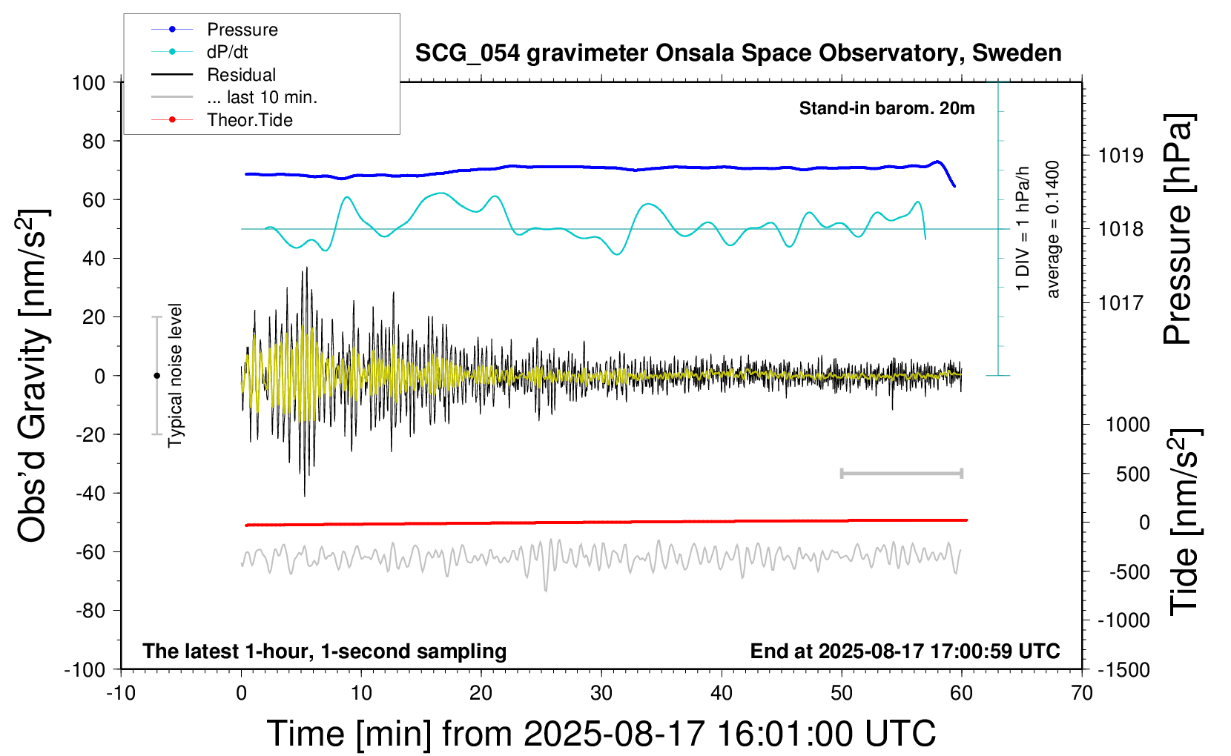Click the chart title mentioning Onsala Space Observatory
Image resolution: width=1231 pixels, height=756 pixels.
pos(738,53)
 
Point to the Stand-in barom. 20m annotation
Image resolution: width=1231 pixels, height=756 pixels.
pos(886,108)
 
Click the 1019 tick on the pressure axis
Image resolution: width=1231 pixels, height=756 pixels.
pos(1121,156)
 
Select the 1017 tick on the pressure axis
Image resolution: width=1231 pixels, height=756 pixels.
pos(1121,302)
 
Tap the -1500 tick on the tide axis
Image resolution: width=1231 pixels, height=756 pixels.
pos(1123,670)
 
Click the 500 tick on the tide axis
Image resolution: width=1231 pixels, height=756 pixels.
pos(1132,474)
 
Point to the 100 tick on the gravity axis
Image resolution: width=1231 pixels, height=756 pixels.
pos(88,82)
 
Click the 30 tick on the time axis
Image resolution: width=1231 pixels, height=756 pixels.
pos(601,694)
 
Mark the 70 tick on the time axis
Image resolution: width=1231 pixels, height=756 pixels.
pos(1082,694)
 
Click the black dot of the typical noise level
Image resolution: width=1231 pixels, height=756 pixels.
pos(156,376)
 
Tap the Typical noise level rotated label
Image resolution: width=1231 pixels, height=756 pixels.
pos(175,375)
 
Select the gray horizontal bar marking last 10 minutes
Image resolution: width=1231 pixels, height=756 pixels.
pos(901,473)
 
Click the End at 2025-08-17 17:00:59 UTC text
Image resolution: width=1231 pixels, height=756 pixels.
pos(905,651)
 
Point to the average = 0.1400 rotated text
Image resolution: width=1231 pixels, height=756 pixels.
pos(1053,229)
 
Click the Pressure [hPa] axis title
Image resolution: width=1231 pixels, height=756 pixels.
pos(1177,229)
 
